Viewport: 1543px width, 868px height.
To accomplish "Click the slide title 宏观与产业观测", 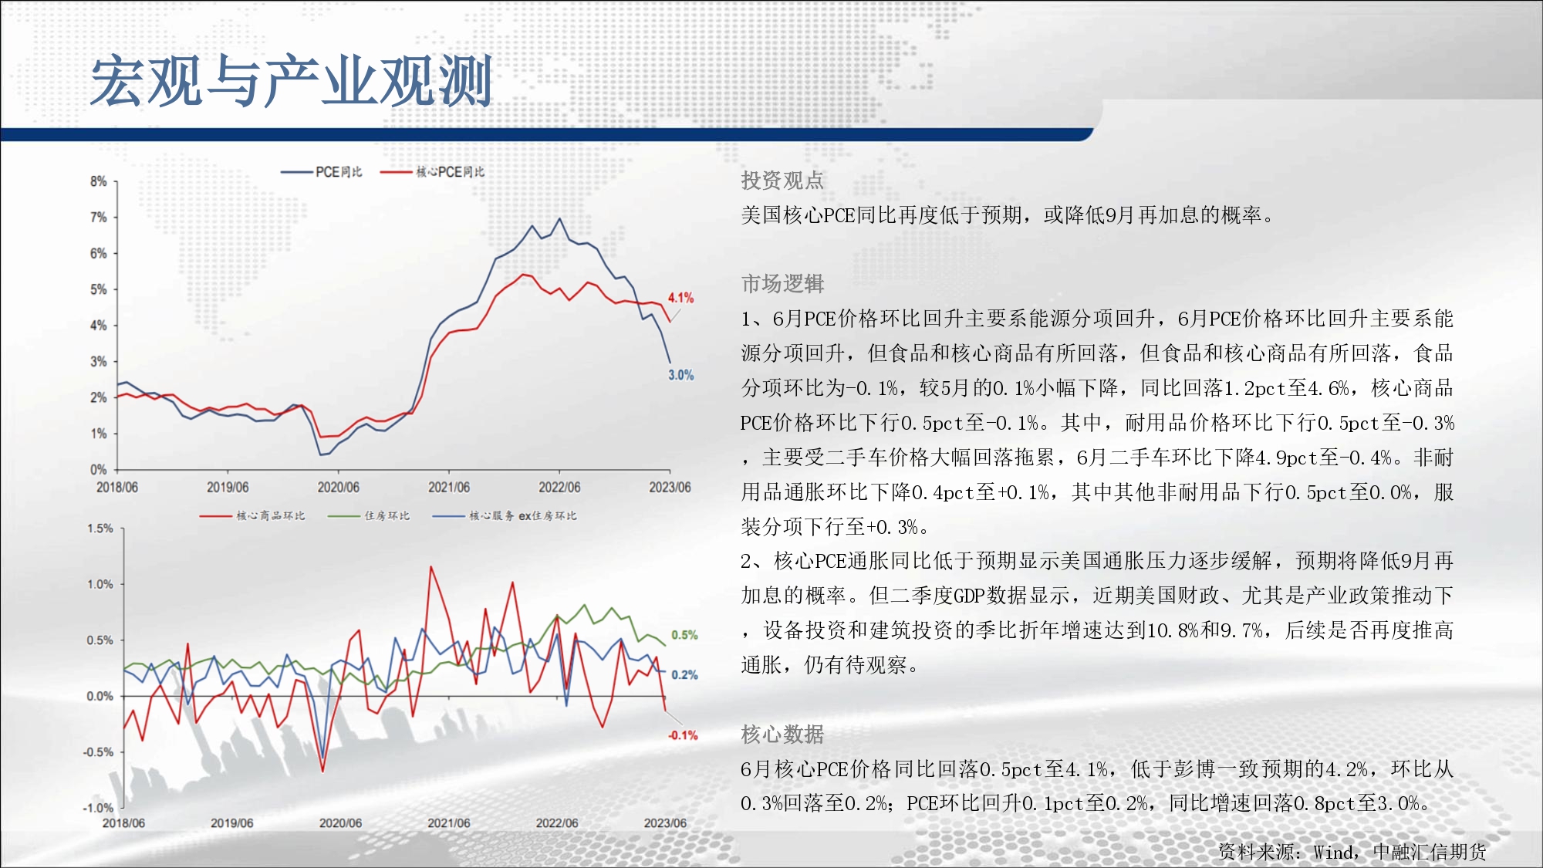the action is click(x=292, y=81).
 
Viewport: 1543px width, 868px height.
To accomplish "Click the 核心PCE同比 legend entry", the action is click(x=433, y=172).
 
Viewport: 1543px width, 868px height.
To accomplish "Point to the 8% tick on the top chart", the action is click(x=98, y=181).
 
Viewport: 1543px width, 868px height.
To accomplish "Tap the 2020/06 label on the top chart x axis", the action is click(x=338, y=487).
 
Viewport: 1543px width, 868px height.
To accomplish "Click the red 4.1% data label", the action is click(x=680, y=298).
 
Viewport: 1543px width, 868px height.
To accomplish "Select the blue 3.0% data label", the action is click(x=680, y=375).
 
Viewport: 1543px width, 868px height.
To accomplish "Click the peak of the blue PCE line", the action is click(x=559, y=218).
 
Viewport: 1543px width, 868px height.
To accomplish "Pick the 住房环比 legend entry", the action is click(x=369, y=515).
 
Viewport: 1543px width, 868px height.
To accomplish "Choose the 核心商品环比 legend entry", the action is click(x=252, y=515).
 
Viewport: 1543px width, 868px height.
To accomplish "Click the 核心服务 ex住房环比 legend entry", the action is click(x=505, y=515).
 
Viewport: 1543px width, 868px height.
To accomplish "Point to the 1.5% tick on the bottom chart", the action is click(x=100, y=529).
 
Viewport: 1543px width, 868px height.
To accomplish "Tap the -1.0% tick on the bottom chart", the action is click(x=98, y=808).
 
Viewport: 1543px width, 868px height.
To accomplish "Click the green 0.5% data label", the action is click(x=684, y=635).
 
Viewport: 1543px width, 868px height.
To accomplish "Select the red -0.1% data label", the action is click(x=683, y=735).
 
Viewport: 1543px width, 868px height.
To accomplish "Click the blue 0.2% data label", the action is click(x=684, y=674).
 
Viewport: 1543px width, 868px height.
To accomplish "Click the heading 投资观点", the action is click(x=782, y=181).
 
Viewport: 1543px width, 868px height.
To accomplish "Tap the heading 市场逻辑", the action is click(x=782, y=284).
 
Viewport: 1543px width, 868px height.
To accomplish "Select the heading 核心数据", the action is click(x=782, y=735).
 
